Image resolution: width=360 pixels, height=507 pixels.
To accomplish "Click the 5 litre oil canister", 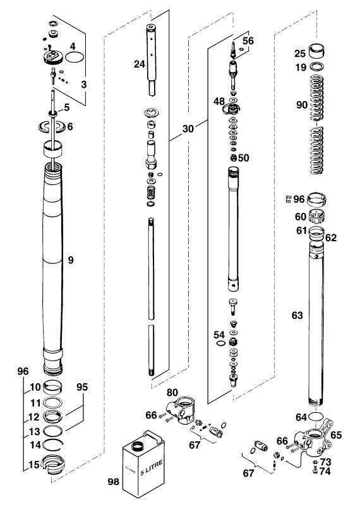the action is click(x=143, y=463).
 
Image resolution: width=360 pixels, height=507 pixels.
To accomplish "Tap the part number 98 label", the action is click(x=113, y=482).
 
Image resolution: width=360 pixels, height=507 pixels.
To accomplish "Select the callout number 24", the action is click(x=140, y=64).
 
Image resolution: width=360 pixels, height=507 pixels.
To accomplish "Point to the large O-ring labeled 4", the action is click(x=75, y=57).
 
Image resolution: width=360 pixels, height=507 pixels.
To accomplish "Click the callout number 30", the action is click(x=188, y=129).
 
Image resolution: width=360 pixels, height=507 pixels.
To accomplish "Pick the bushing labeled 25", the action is click(x=316, y=51).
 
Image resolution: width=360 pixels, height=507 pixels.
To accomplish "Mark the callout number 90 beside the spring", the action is click(x=302, y=105).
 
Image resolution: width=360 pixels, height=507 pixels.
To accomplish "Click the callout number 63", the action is click(x=297, y=315).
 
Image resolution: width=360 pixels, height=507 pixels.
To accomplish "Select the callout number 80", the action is click(x=172, y=393).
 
